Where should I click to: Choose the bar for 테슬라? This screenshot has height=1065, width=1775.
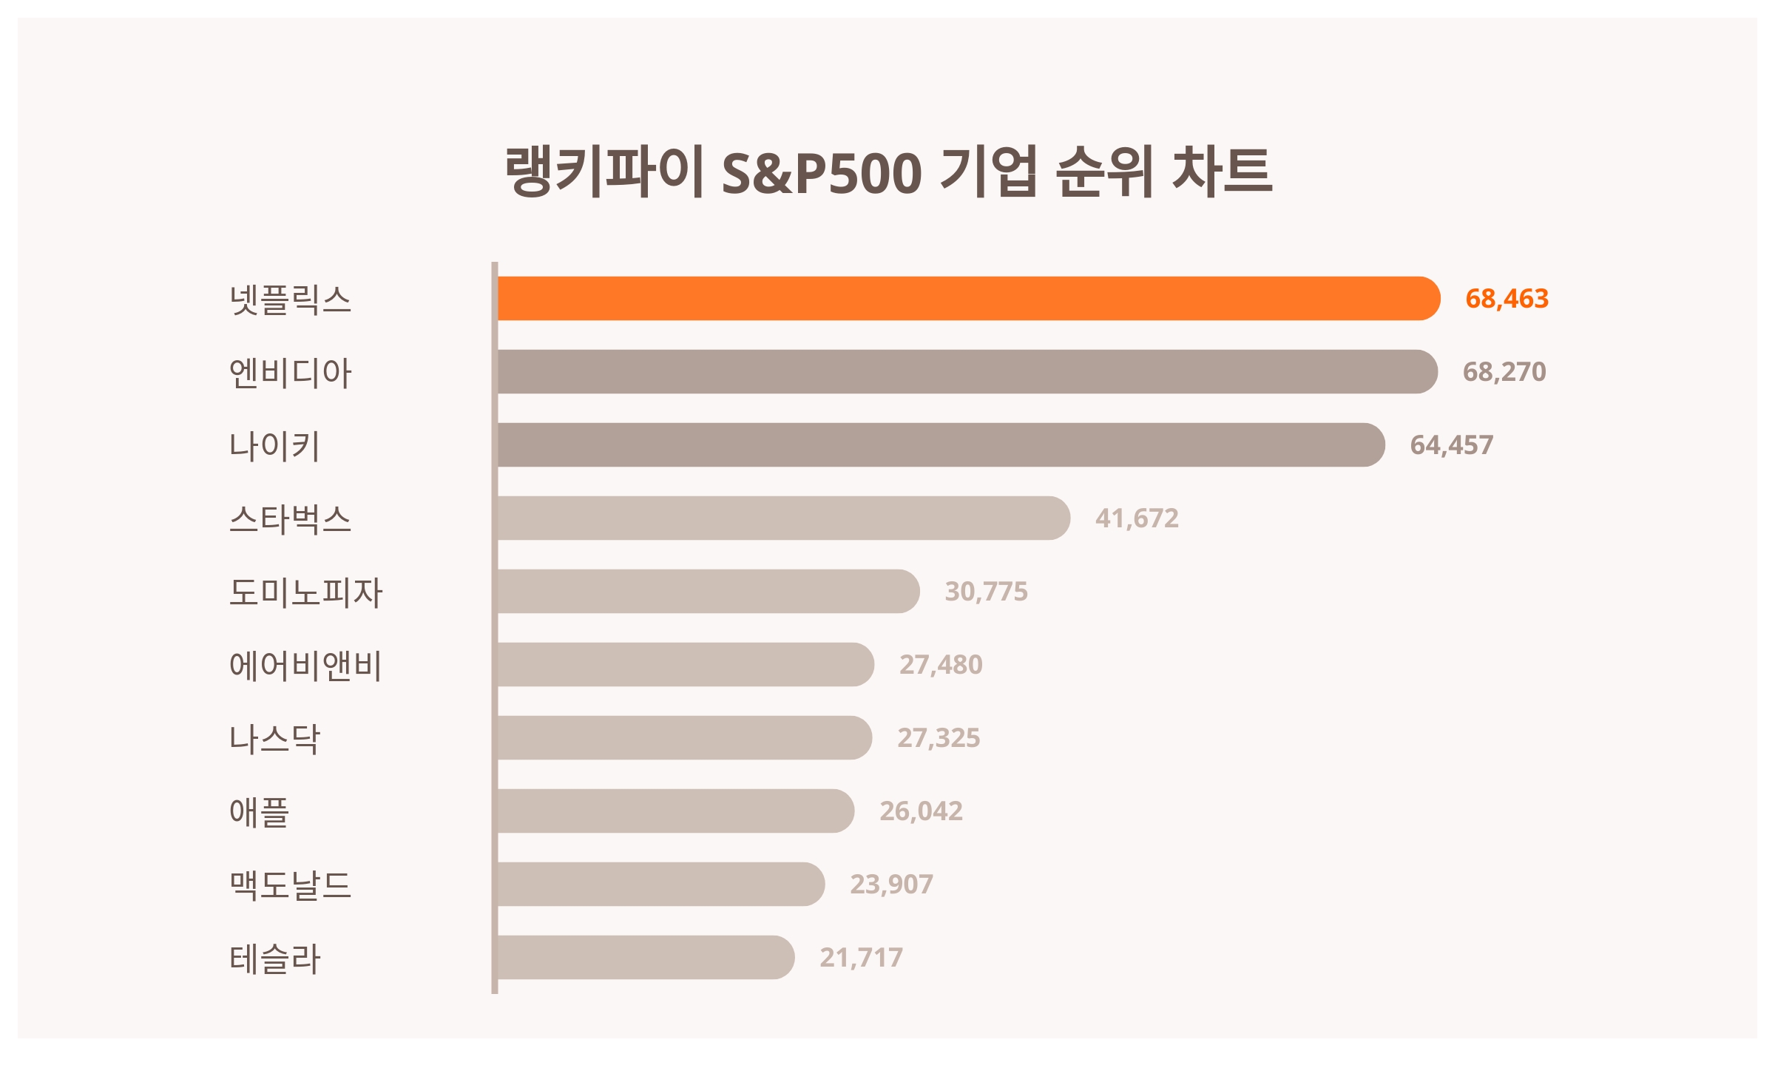pos(645,957)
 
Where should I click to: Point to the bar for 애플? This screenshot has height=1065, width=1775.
pos(674,811)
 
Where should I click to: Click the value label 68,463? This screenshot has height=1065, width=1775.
pos(1507,298)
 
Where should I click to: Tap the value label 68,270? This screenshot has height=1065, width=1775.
pos(1504,371)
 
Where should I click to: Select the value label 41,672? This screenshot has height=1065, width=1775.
pos(1137,518)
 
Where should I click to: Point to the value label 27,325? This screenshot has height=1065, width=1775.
pos(939,737)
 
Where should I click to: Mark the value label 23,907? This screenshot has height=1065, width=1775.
pos(891,884)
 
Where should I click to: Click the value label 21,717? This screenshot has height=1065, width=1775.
pos(861,957)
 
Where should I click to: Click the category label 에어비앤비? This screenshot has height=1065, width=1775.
pos(305,665)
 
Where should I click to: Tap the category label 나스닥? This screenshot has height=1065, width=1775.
pos(274,738)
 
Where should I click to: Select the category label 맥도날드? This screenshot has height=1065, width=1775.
pos(290,885)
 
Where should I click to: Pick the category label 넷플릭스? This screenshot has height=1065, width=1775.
pos(290,299)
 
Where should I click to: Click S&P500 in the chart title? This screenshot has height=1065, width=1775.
pos(821,173)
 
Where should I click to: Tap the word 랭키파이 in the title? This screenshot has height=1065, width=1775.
pos(603,172)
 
